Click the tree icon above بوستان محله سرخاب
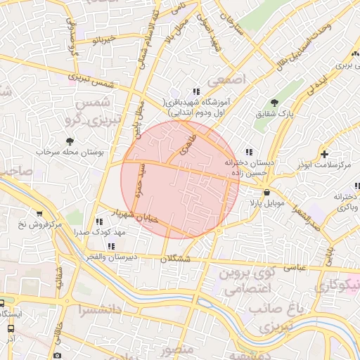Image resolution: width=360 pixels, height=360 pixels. tap(68, 141)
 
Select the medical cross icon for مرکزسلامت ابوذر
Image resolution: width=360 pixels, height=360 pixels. tap(323, 153)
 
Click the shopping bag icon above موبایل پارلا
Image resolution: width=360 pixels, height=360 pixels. tap(266, 192)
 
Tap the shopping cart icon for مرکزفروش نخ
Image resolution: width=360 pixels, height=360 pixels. tap(39, 214)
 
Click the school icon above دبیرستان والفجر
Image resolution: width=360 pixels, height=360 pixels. tap(112, 246)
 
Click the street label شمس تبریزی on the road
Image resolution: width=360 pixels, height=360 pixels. tap(95, 79)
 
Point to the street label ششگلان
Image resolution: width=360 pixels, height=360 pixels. tap(175, 259)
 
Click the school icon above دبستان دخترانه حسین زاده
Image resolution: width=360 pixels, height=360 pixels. tap(248, 152)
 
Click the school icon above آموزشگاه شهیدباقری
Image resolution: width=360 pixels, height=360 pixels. tap(195, 91)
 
